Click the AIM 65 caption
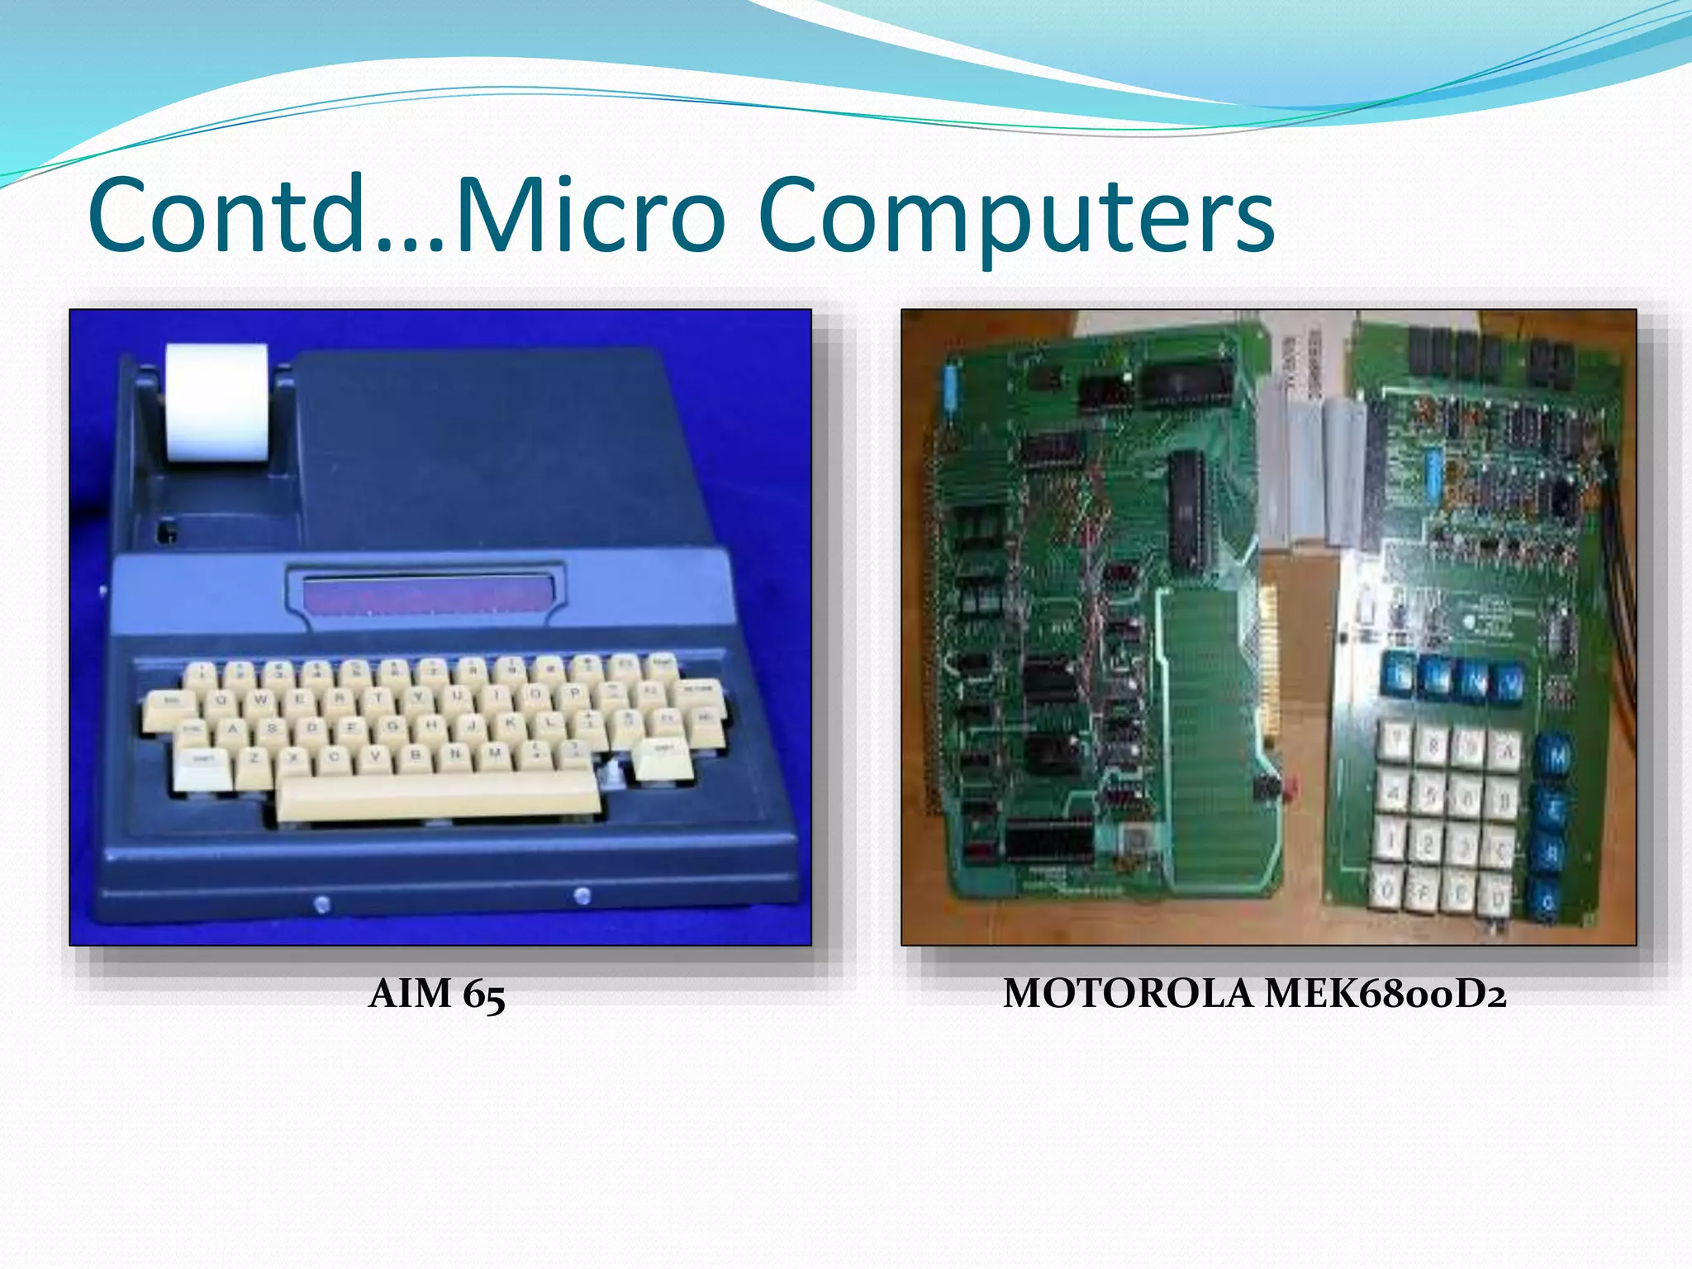pyautogui.click(x=436, y=994)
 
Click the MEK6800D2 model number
pyautogui.click(x=1385, y=994)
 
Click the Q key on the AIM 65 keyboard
pyautogui.click(x=221, y=701)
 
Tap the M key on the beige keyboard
pyautogui.click(x=494, y=753)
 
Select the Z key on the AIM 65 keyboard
pyautogui.click(x=254, y=758)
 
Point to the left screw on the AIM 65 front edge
pyautogui.click(x=322, y=904)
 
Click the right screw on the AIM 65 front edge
pyautogui.click(x=582, y=895)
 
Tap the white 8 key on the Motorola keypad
pyautogui.click(x=1434, y=745)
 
